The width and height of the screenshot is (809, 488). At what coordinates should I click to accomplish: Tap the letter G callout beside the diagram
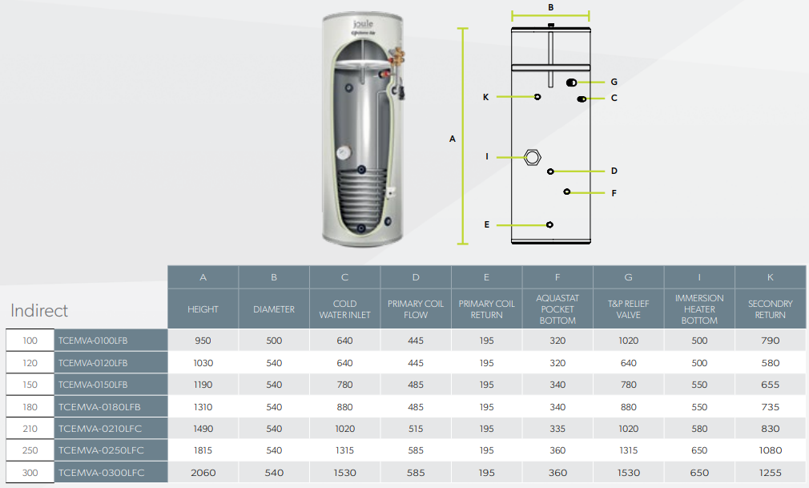coord(614,82)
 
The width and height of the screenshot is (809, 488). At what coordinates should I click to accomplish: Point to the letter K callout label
coord(485,97)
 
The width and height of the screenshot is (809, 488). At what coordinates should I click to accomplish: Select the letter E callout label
coord(487,225)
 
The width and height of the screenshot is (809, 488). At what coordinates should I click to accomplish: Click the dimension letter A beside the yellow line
coord(452,139)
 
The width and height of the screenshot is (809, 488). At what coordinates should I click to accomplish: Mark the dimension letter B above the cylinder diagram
coord(550,7)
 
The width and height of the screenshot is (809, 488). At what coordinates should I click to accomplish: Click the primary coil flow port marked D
coord(550,171)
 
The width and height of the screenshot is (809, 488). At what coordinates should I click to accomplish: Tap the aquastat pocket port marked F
coord(567,192)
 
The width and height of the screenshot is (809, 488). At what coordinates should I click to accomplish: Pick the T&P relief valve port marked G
coord(571,83)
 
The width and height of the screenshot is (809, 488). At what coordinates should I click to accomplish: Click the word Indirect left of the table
coord(39,310)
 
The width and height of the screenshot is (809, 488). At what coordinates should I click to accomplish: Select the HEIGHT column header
coord(203,309)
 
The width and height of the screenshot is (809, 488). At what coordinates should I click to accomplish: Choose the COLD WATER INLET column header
coord(344,309)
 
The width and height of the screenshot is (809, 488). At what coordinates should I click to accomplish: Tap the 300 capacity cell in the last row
coord(30,473)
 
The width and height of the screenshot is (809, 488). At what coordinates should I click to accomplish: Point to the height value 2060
coord(203,473)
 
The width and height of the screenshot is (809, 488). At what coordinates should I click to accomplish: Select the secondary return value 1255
coord(770,473)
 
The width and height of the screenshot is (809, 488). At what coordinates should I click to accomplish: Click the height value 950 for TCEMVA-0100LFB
coord(203,341)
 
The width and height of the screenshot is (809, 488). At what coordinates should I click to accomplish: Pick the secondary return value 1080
coord(770,450)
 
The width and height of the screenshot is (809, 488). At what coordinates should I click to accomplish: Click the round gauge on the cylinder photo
coord(342,150)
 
